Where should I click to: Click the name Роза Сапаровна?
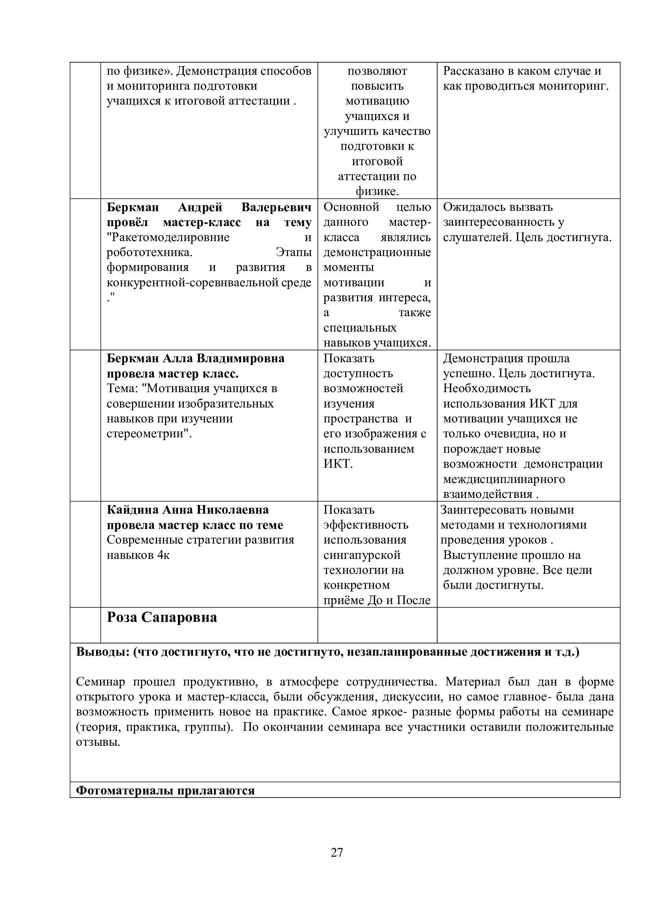[161, 618]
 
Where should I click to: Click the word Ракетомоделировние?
[168, 237]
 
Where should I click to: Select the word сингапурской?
[362, 555]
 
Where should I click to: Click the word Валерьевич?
[276, 207]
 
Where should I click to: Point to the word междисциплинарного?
[504, 479]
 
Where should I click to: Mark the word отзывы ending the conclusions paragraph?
[98, 742]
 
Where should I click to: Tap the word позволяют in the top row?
[377, 71]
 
